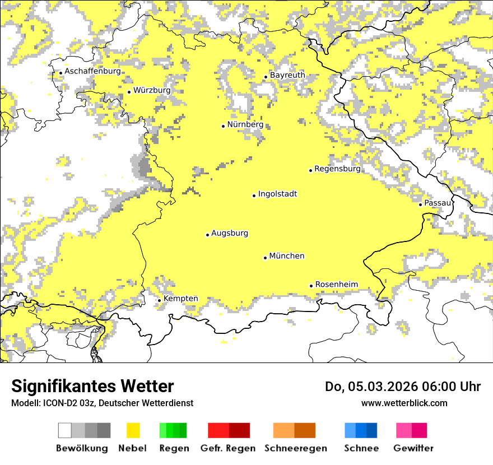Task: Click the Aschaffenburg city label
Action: coord(92,71)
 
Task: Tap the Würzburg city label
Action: coord(152,90)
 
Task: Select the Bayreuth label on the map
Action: coord(287,75)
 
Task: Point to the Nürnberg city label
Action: coord(245,124)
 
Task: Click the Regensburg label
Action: coord(337,169)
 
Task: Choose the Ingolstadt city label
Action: coord(277,194)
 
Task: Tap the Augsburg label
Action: coord(230,233)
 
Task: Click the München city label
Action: coord(287,256)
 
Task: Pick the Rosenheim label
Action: coord(336,285)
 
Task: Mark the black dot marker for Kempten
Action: coord(159,300)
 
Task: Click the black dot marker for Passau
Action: coord(420,204)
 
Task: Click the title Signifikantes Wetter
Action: coord(92,387)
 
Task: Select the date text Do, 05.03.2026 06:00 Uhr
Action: coord(402,387)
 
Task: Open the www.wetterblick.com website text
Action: coord(404,403)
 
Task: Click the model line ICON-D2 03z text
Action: coord(102,403)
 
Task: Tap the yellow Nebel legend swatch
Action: coord(133,430)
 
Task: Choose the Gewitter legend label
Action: coord(413,448)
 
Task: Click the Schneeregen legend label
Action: coord(295,448)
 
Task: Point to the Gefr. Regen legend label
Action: coord(227,448)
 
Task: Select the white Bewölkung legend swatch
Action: coord(65,430)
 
